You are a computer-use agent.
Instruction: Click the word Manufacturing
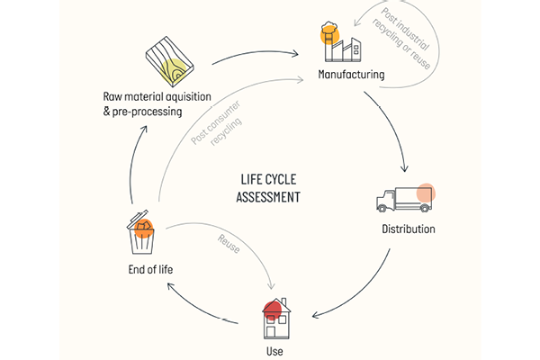351,74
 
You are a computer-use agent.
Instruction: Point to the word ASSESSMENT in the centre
267,195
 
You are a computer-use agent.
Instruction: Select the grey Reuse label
228,244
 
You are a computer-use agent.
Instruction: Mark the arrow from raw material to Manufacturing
256,54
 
